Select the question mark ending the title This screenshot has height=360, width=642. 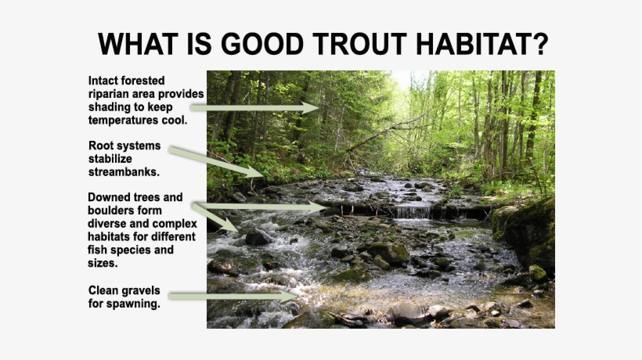click(x=540, y=44)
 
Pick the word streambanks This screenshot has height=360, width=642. click(x=124, y=171)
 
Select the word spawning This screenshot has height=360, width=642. click(x=133, y=304)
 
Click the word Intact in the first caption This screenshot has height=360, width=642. click(x=105, y=81)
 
